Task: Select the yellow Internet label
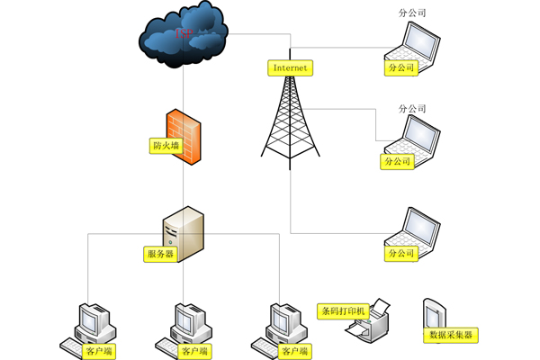point(290,67)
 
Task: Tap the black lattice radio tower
point(291,117)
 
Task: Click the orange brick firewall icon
point(183,135)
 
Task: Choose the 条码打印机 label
point(343,311)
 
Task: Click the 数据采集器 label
point(451,336)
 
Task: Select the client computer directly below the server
point(188,324)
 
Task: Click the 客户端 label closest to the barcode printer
point(294,350)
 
